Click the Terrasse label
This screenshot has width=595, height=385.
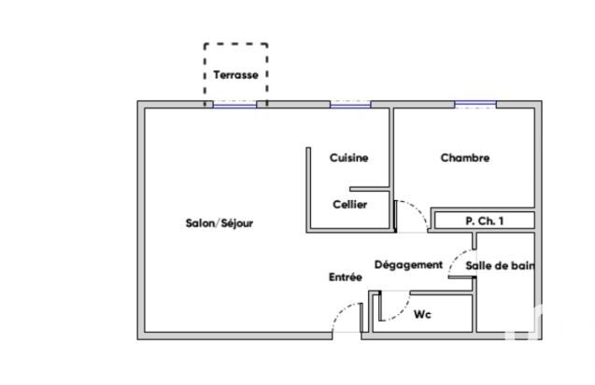click(x=235, y=75)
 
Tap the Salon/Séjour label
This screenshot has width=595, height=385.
click(x=220, y=223)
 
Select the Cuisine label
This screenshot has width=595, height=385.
click(x=348, y=158)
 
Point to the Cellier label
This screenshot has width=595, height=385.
click(x=350, y=205)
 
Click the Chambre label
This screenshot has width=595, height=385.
click(x=465, y=158)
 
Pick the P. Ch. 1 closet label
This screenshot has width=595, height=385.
click(x=485, y=221)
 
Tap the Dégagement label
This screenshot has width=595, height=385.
click(x=409, y=264)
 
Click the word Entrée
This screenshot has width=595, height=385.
click(x=346, y=277)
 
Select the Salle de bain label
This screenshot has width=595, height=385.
click(x=500, y=265)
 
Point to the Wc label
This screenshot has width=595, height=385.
click(x=422, y=314)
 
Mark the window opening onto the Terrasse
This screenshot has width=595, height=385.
click(x=234, y=105)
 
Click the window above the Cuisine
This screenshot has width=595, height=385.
click(x=350, y=105)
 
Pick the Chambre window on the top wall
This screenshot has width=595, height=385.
click(x=475, y=105)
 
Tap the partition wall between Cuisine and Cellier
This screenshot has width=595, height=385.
click(x=370, y=189)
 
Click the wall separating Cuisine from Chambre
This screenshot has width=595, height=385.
click(x=391, y=169)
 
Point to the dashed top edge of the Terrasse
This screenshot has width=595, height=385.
click(x=236, y=44)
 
